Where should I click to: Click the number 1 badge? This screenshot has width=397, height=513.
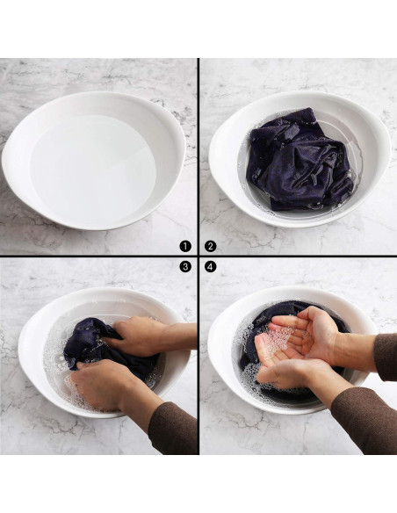pos(185,246)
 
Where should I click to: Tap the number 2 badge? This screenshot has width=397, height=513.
pos(210,246)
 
